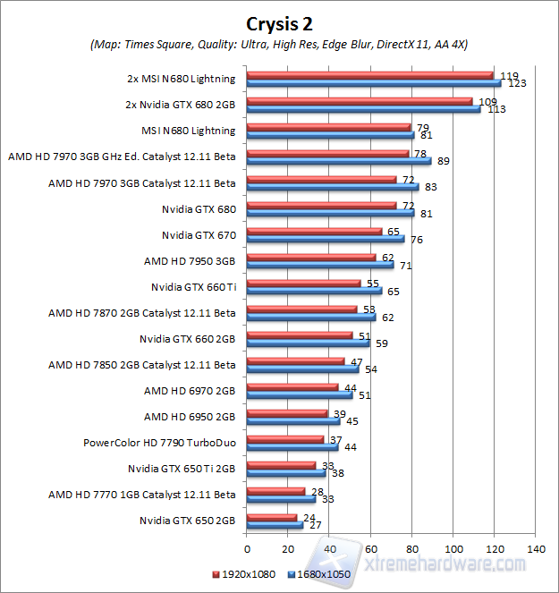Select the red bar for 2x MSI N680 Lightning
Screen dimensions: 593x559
[369, 75]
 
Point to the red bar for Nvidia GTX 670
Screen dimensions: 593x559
[313, 231]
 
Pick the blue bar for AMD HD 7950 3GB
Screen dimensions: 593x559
[319, 265]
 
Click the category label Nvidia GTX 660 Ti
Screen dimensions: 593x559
[193, 287]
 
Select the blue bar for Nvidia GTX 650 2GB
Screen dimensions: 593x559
[274, 525]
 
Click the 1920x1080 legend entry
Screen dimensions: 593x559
[243, 574]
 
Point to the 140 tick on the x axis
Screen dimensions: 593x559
[536, 547]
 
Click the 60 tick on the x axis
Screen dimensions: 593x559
[370, 547]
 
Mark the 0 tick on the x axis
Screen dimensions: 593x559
[246, 547]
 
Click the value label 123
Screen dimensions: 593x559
[516, 83]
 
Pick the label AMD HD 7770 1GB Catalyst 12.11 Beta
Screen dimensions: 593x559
[142, 494]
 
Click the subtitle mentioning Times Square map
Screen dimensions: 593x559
[279, 44]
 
